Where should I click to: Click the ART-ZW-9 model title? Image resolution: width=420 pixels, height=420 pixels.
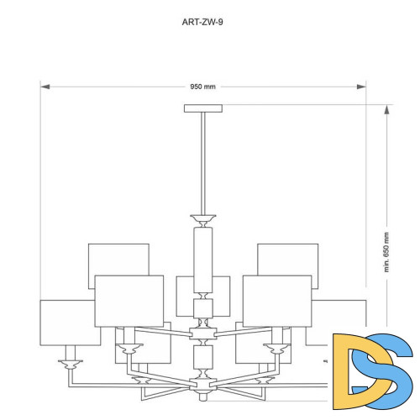tap(202, 22)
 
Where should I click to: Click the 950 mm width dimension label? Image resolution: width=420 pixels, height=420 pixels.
tap(203, 87)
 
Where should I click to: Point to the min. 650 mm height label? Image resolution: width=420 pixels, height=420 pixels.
tap(386, 252)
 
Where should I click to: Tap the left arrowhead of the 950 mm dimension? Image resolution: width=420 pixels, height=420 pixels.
tap(45, 87)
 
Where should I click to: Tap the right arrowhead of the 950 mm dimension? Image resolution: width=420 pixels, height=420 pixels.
tap(361, 87)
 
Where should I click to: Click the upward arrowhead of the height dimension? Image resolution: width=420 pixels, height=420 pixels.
tap(386, 110)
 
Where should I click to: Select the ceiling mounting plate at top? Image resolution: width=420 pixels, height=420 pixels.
tap(203, 108)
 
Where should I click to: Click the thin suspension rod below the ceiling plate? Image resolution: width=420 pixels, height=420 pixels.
tap(203, 164)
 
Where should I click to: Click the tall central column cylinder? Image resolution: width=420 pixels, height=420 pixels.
tap(203, 260)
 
